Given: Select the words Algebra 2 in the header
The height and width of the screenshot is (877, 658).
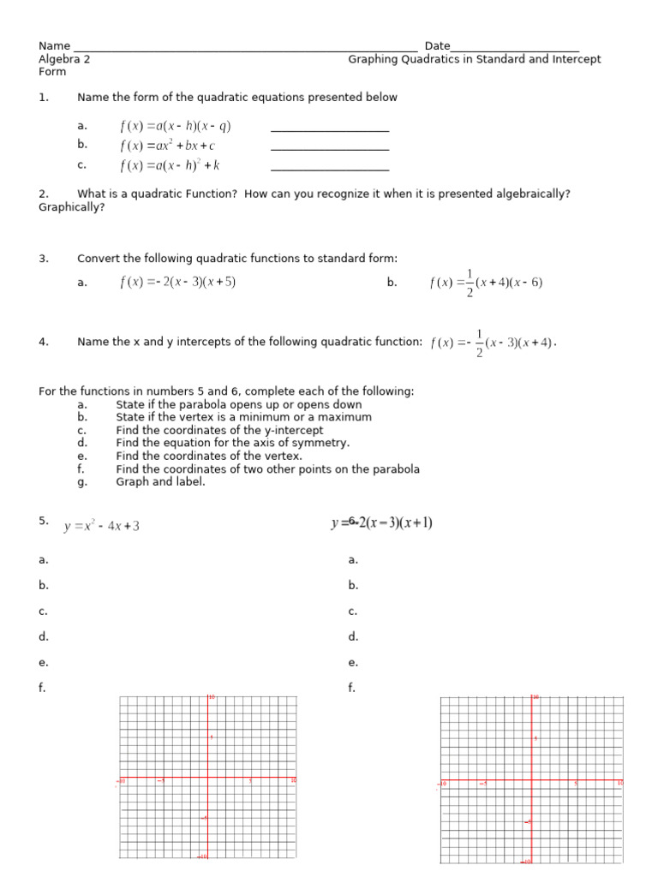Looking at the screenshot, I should (x=64, y=59).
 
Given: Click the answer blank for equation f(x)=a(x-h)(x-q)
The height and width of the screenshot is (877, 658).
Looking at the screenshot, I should (x=330, y=130).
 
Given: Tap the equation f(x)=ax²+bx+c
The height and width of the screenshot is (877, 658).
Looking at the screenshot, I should (x=168, y=146).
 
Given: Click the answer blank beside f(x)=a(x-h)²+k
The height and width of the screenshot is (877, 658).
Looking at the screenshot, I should (x=330, y=169).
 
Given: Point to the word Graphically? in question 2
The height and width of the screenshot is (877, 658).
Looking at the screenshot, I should (x=72, y=206).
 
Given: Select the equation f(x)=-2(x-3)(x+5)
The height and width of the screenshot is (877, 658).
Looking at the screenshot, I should (x=177, y=283).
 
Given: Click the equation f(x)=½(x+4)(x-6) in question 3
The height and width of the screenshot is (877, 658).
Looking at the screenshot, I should (x=486, y=283).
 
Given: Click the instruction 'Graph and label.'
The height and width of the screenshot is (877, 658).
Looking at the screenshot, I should (x=160, y=481).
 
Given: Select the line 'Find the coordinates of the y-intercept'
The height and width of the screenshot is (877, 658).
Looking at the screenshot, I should (x=219, y=430).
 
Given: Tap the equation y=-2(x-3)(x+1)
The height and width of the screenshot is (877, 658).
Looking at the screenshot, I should (x=381, y=522).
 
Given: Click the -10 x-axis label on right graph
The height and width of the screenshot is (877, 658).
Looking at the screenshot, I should (x=443, y=784).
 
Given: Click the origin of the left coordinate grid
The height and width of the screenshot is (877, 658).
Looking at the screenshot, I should (x=207, y=779).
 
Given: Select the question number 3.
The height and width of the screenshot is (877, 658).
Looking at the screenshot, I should (x=43, y=259).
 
